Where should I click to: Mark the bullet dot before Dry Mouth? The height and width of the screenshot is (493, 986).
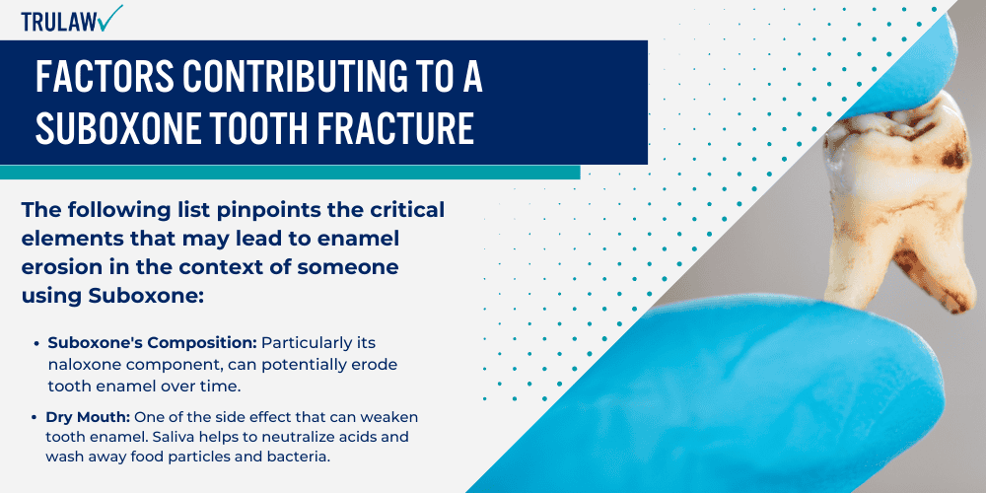click(x=36, y=417)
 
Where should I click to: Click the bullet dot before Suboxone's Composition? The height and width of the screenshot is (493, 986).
click(x=36, y=343)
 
